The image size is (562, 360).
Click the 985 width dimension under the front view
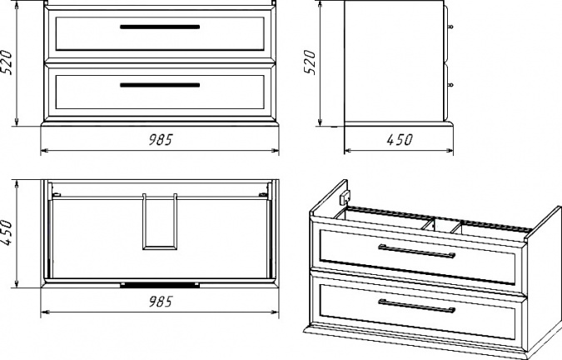(x=161, y=139)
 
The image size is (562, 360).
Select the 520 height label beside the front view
(x=7, y=62)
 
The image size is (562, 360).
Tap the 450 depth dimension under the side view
(x=400, y=139)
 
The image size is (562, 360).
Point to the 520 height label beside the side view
(x=310, y=62)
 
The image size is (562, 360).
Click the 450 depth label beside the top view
(x=7, y=233)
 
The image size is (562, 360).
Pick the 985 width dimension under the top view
(x=161, y=301)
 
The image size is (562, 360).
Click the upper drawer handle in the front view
(x=160, y=27)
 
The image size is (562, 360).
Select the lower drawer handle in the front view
(x=160, y=85)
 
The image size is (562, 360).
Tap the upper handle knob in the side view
(x=450, y=27)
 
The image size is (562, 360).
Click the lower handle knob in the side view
(x=450, y=85)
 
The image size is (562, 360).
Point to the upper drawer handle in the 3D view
(x=416, y=251)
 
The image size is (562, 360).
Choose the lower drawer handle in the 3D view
(x=416, y=306)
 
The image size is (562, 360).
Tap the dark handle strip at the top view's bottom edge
(x=160, y=285)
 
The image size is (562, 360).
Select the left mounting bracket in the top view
(x=57, y=195)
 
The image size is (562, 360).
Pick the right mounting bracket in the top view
(x=263, y=195)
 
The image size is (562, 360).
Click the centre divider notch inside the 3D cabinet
(x=440, y=226)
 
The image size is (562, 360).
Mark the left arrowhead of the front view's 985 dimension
(x=43, y=151)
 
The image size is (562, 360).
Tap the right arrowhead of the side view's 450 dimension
(x=450, y=151)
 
